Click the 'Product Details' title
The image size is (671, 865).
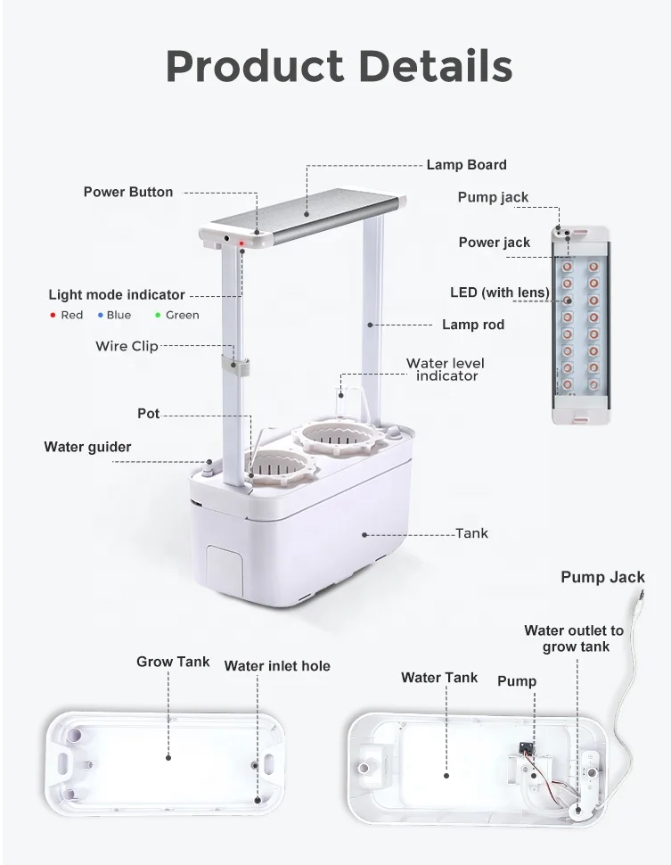click(x=339, y=66)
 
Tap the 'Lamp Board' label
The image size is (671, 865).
click(x=466, y=164)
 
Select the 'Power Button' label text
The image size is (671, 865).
click(x=128, y=192)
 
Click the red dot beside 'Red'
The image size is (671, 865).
click(x=53, y=316)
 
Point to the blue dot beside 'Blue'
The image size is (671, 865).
click(x=101, y=316)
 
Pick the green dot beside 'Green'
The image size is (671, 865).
click(x=158, y=316)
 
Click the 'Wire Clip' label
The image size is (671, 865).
click(x=127, y=346)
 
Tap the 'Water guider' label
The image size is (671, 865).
click(x=87, y=447)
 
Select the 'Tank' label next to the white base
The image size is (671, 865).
click(x=471, y=533)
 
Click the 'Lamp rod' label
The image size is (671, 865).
click(x=473, y=325)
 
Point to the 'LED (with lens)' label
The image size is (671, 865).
click(x=499, y=292)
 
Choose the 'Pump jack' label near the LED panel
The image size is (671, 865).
click(x=493, y=197)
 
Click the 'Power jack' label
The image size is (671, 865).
click(x=494, y=243)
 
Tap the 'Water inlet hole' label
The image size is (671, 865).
click(x=277, y=665)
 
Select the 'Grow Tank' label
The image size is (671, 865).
click(x=173, y=662)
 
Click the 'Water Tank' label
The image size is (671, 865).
click(x=439, y=678)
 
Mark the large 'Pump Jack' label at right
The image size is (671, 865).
click(x=602, y=578)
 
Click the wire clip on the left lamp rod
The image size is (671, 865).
click(x=236, y=367)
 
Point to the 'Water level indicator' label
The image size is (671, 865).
click(x=446, y=369)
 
